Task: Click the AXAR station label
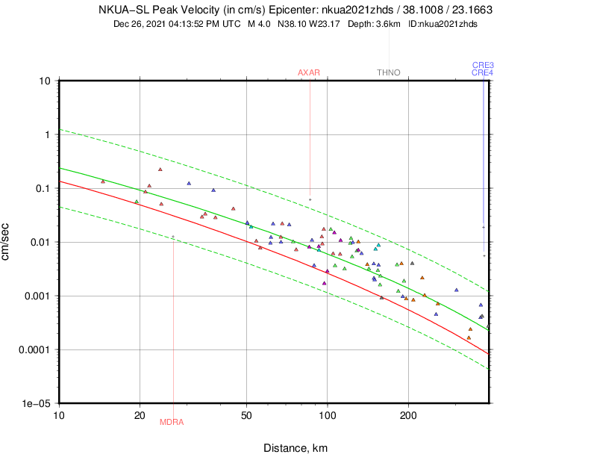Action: tap(309, 72)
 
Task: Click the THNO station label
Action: tap(389, 72)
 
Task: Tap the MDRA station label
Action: tap(172, 422)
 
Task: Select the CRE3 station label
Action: tap(483, 66)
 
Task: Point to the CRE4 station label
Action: tap(483, 72)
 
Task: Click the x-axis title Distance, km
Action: tap(295, 448)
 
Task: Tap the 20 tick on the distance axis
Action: tap(140, 414)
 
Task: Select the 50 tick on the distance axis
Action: tap(247, 414)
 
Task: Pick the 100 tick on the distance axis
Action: tap(327, 414)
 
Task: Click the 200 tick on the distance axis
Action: tap(407, 414)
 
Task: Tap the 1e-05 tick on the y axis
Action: tap(38, 403)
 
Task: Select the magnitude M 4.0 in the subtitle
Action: tap(260, 24)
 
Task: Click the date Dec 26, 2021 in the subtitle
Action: tap(143, 24)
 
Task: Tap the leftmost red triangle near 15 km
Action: tap(103, 181)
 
